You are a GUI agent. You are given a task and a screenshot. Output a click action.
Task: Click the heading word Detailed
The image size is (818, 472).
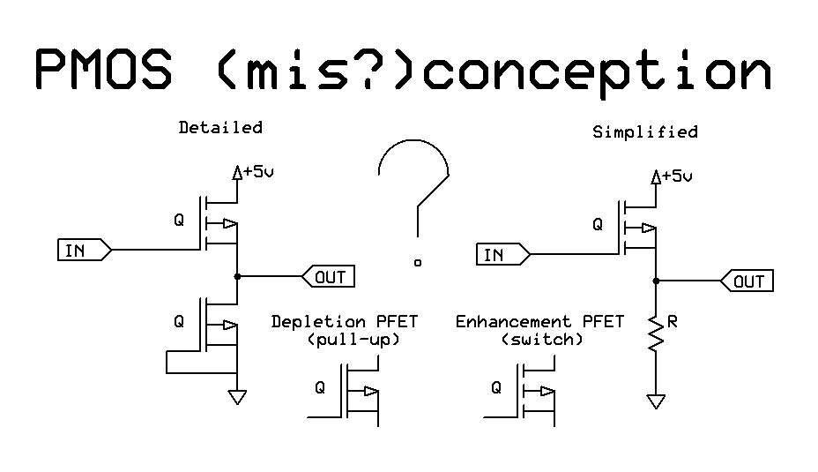[220, 127]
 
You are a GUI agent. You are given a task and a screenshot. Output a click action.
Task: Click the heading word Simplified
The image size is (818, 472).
[645, 132]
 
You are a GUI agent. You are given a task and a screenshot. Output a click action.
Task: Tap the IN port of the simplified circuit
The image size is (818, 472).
[502, 255]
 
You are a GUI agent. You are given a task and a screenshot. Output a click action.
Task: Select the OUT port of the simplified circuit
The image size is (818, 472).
[747, 281]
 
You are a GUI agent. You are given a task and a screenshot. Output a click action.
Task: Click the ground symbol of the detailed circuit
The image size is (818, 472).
[237, 397]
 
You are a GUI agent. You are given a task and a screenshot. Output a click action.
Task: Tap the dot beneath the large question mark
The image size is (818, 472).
[418, 262]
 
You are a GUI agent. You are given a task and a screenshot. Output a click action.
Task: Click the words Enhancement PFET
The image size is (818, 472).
[539, 322]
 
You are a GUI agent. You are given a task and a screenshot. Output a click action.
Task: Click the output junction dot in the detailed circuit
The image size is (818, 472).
[237, 277]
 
